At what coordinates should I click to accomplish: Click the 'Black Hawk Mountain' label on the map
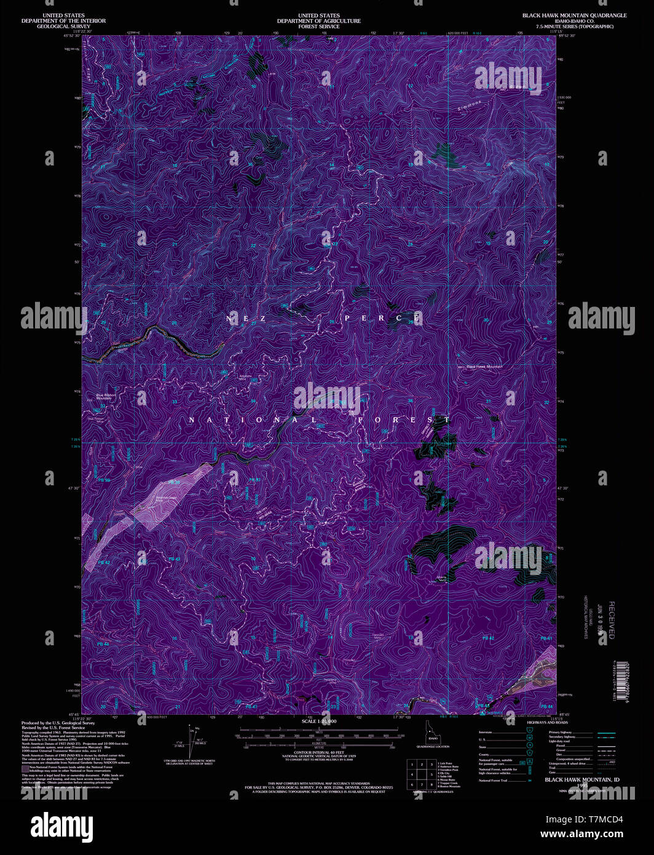(x=484, y=367)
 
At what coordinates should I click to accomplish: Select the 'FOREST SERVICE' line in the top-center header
(x=318, y=26)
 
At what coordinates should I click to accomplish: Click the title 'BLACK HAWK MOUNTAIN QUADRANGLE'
(x=574, y=15)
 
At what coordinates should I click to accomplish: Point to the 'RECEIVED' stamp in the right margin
(x=610, y=620)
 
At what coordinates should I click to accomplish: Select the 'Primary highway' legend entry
(x=561, y=733)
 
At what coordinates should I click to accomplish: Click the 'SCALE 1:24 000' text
(x=319, y=720)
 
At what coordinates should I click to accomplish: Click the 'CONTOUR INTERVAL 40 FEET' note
(x=319, y=752)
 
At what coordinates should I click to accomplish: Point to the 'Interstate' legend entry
(x=486, y=733)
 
